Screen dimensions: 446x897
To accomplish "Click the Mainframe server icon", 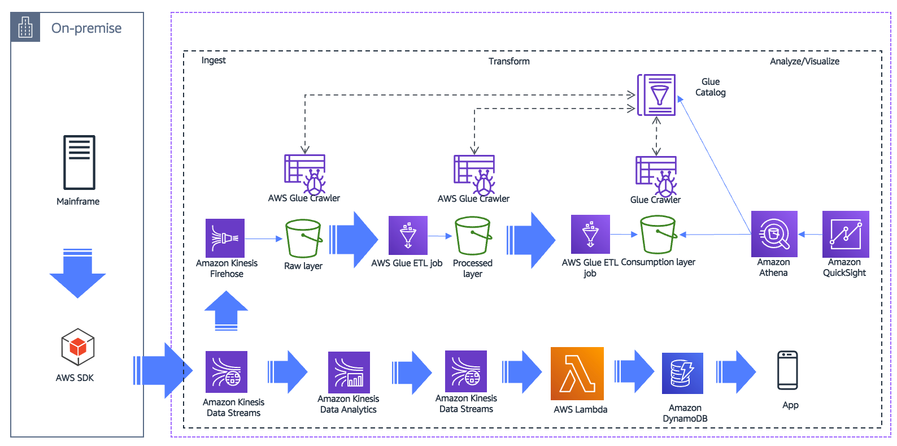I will pyautogui.click(x=79, y=162).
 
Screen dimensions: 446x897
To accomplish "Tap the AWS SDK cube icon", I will pyautogui.click(x=77, y=347).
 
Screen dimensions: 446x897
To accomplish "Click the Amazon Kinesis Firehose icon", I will pyautogui.click(x=225, y=238).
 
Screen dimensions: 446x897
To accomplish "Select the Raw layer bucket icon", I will pyautogui.click(x=303, y=239).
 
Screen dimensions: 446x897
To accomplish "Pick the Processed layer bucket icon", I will pyautogui.click(x=473, y=236).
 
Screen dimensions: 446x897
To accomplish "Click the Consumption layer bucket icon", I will pyautogui.click(x=657, y=235).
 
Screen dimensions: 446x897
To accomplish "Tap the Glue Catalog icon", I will pyautogui.click(x=657, y=94).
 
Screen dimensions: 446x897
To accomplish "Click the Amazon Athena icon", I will pyautogui.click(x=774, y=233).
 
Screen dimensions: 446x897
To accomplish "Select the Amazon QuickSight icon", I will pyautogui.click(x=845, y=234).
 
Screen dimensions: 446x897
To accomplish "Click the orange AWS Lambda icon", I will pyautogui.click(x=577, y=374).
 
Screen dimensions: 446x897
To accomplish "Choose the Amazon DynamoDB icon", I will pyautogui.click(x=682, y=373).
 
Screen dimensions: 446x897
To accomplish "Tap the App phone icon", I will pyautogui.click(x=787, y=370).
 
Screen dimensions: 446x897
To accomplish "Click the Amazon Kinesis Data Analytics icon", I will pyautogui.click(x=349, y=373).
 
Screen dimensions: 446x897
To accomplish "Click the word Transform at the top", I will pyautogui.click(x=509, y=61).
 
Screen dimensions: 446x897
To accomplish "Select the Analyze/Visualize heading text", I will pyautogui.click(x=804, y=61).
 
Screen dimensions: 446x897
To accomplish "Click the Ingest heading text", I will pyautogui.click(x=214, y=60).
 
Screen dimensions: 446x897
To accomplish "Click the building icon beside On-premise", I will pyautogui.click(x=25, y=27).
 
